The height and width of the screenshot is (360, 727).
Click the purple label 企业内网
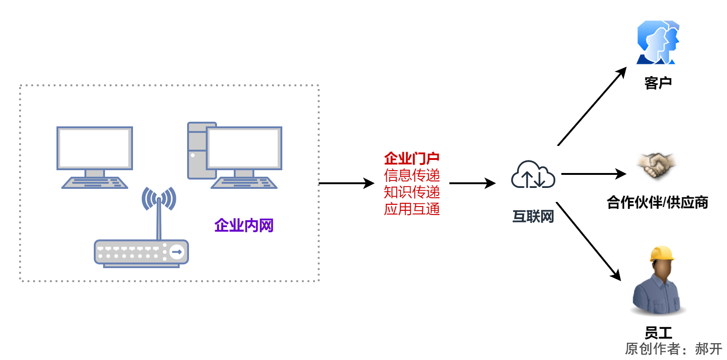(x=244, y=226)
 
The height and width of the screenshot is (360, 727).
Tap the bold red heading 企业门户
(x=412, y=159)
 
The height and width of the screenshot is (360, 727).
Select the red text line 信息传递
(x=412, y=175)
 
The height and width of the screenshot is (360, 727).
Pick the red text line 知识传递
(x=412, y=192)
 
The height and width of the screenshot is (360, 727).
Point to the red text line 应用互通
(x=412, y=209)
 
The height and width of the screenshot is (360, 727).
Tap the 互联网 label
(x=533, y=217)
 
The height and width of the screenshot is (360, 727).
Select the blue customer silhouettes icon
(x=657, y=42)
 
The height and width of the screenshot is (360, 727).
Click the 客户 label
(x=657, y=83)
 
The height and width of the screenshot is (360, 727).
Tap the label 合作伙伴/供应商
(x=657, y=203)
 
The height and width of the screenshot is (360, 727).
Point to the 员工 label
(x=658, y=333)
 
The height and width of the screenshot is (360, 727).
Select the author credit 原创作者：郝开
(x=673, y=349)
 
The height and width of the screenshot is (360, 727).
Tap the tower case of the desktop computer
(x=196, y=151)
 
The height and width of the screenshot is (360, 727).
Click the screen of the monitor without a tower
(x=95, y=148)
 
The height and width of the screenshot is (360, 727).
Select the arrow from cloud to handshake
(x=593, y=174)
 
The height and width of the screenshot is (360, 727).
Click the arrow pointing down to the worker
(x=589, y=241)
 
